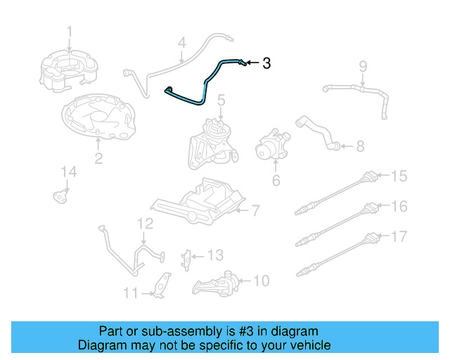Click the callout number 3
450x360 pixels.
tap(266, 63)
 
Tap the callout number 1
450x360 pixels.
tap(70, 31)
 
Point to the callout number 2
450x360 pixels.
tap(98, 158)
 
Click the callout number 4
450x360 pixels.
tap(181, 43)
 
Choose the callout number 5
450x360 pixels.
tap(221, 101)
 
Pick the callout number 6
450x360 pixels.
tap(276, 181)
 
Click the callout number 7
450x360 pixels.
tap(257, 209)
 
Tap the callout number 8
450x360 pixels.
tap(360, 146)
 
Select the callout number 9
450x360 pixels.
tap(363, 67)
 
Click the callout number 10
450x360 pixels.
tap(261, 281)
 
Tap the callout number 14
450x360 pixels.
tap(67, 172)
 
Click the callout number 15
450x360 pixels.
tap(399, 176)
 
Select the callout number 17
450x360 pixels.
tap(399, 236)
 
